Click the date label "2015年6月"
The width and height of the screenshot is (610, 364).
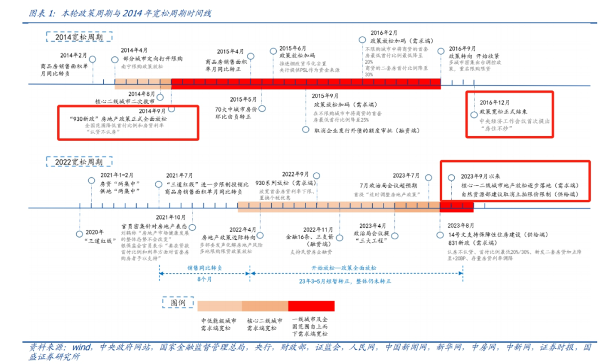293,48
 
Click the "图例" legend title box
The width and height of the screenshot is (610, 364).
178,302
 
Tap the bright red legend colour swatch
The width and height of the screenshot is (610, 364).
311,306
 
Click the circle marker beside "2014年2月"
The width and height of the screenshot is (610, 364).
93,59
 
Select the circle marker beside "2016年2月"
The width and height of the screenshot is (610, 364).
362,40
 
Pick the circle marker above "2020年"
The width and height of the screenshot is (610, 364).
79,233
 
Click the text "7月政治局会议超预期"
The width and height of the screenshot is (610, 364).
389,185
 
